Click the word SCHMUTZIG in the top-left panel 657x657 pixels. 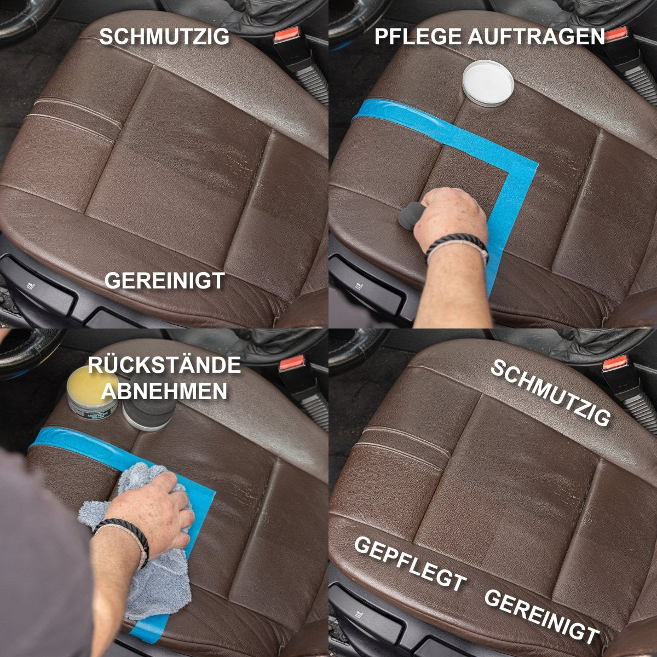coord(164,37)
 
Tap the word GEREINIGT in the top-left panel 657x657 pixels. coord(164,280)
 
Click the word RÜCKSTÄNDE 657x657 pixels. coord(164,365)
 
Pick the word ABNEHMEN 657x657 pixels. coord(164,391)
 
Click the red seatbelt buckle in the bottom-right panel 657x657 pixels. coord(614,364)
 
